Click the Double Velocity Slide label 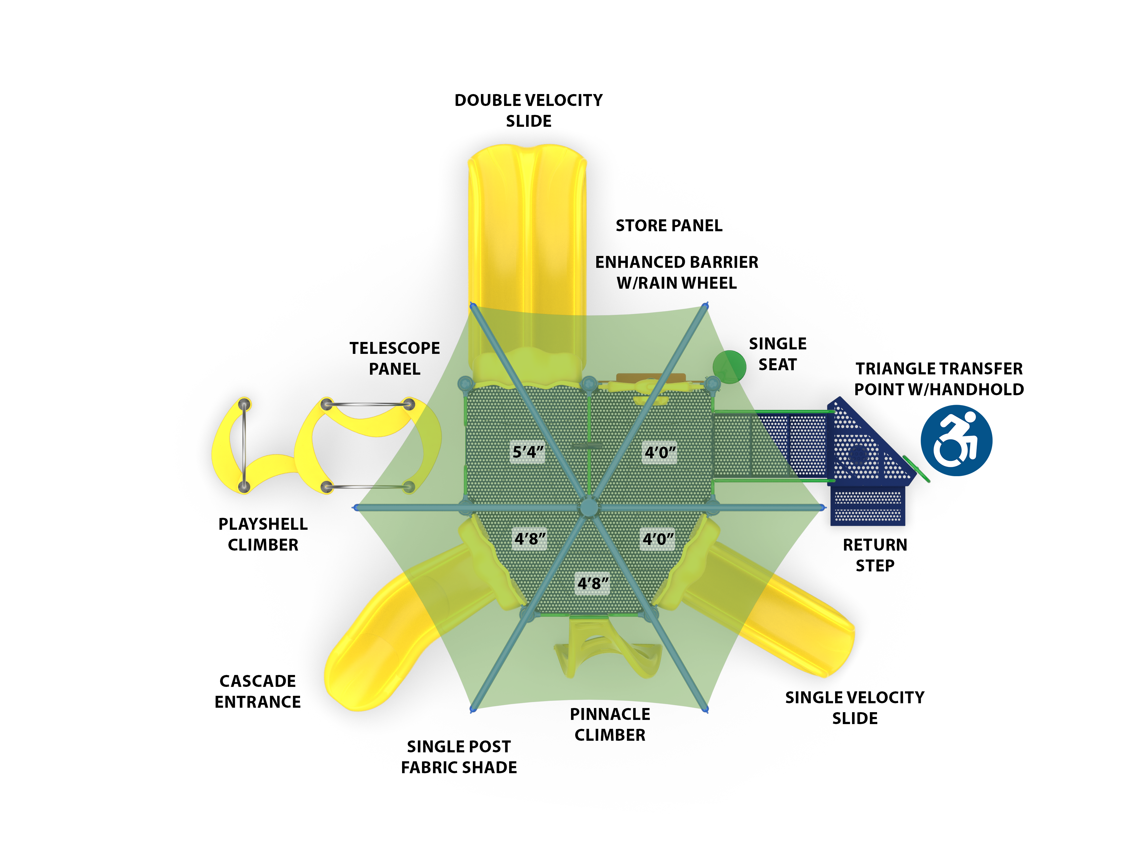coord(528,110)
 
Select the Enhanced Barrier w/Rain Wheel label coord(676,272)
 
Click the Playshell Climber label coord(263,534)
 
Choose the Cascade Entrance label coord(258,691)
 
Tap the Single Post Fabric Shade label coord(459,757)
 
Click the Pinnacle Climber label coord(610,724)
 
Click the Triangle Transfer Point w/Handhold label coord(939,379)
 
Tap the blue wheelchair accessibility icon coord(956,440)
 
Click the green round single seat coord(729,367)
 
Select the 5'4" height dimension coord(528,452)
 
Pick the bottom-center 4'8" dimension coord(593,584)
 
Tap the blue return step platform coord(867,506)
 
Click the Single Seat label coord(777,354)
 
